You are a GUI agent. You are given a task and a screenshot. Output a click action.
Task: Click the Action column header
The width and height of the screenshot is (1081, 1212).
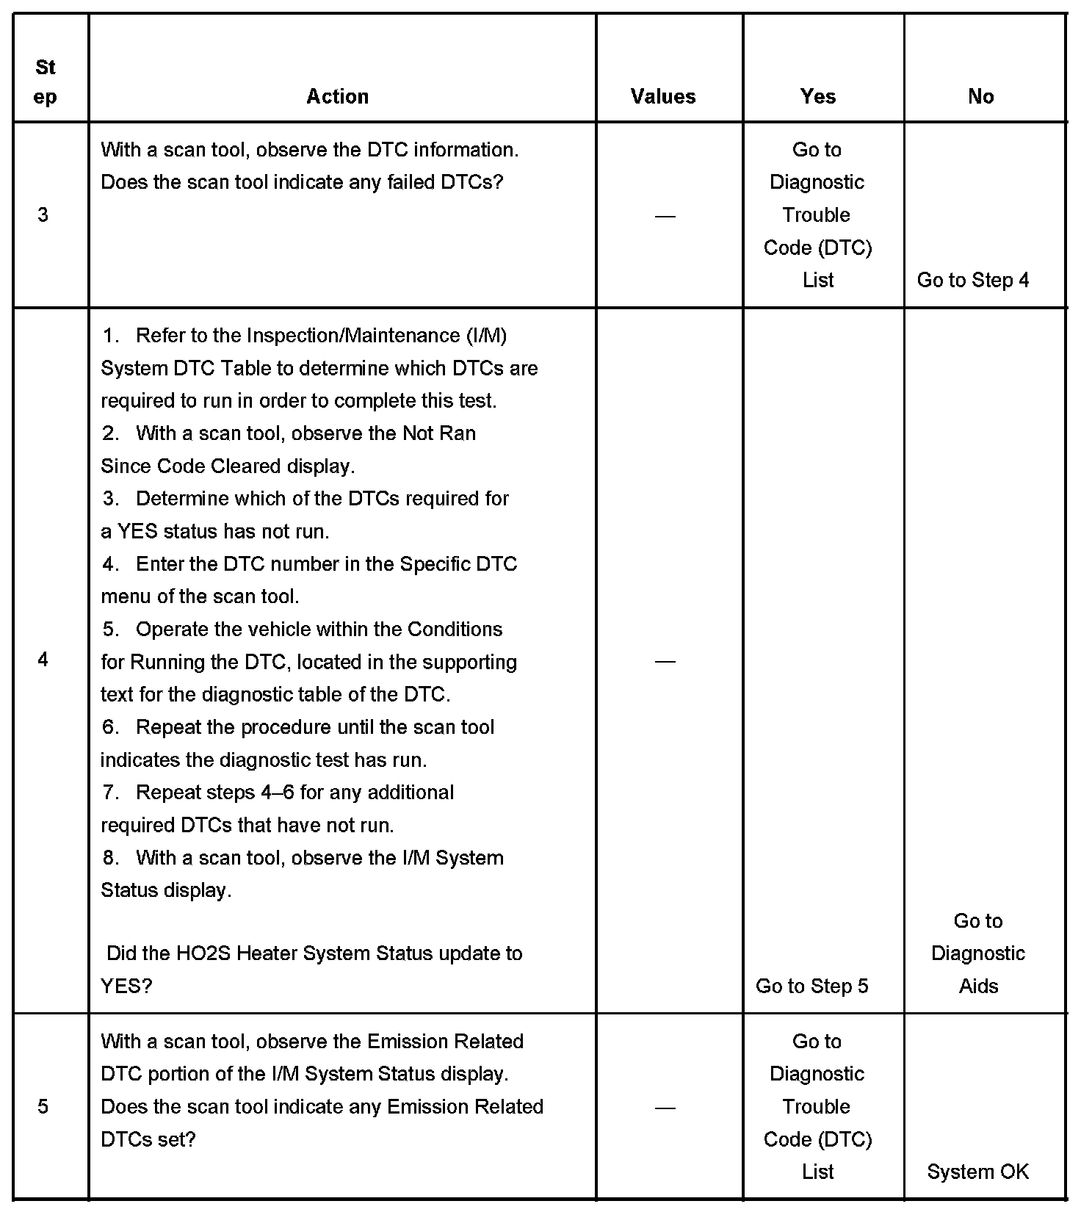(337, 96)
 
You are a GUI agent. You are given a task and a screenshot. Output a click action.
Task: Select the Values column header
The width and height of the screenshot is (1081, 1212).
(663, 96)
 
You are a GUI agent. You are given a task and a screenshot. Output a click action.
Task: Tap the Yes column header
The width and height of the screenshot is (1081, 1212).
(818, 96)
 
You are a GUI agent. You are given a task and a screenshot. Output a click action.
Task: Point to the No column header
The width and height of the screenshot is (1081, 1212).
(981, 96)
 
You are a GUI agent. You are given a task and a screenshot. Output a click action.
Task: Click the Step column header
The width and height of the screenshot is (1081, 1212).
(46, 82)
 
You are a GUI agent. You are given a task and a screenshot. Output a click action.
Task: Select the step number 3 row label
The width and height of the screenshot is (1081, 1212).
(43, 214)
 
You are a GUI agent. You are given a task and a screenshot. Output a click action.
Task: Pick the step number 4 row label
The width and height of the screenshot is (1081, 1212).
(43, 660)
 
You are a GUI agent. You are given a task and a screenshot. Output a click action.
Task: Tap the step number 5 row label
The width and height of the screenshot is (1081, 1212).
(43, 1106)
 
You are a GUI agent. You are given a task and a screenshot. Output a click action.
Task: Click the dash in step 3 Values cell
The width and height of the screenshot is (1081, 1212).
(665, 216)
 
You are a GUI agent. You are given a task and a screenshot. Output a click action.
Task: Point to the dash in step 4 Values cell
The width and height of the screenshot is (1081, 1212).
(665, 662)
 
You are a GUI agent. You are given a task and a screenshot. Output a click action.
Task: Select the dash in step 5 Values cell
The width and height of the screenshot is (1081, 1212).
(665, 1108)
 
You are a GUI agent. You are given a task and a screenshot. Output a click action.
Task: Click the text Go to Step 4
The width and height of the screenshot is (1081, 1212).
(973, 280)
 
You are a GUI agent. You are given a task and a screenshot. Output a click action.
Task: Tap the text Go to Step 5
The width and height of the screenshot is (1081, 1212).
(811, 986)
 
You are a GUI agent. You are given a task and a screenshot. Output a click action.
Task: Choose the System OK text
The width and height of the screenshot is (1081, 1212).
(977, 1172)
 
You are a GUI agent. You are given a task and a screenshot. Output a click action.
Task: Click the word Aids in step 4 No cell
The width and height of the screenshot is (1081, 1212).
(978, 986)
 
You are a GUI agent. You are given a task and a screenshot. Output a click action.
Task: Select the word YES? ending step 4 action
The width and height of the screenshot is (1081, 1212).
(126, 986)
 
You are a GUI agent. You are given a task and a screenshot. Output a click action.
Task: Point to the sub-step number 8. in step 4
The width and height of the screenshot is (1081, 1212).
(111, 858)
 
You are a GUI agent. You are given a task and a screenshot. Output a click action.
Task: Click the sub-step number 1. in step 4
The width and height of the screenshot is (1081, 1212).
(111, 336)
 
